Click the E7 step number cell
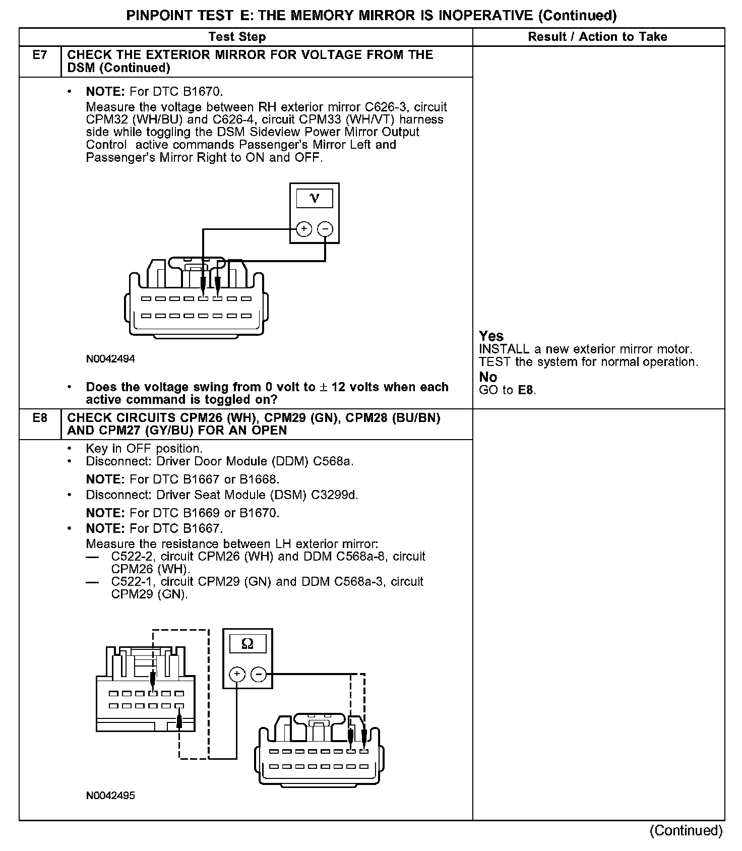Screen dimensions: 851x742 40,55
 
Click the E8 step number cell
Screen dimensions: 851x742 40,418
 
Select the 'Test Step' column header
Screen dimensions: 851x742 237,37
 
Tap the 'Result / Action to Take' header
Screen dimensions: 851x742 597,37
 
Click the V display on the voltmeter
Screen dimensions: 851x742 315,198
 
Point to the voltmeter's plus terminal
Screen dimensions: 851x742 304,229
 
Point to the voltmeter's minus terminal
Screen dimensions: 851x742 325,229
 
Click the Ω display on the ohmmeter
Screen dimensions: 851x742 248,643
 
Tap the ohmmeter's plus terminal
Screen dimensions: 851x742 237,675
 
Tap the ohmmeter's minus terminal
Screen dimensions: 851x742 259,675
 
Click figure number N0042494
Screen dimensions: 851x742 110,359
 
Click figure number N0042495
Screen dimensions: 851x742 110,796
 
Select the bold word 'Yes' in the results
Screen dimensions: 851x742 491,336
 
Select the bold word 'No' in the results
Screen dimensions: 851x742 488,377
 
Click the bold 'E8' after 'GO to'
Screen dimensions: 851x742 525,390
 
